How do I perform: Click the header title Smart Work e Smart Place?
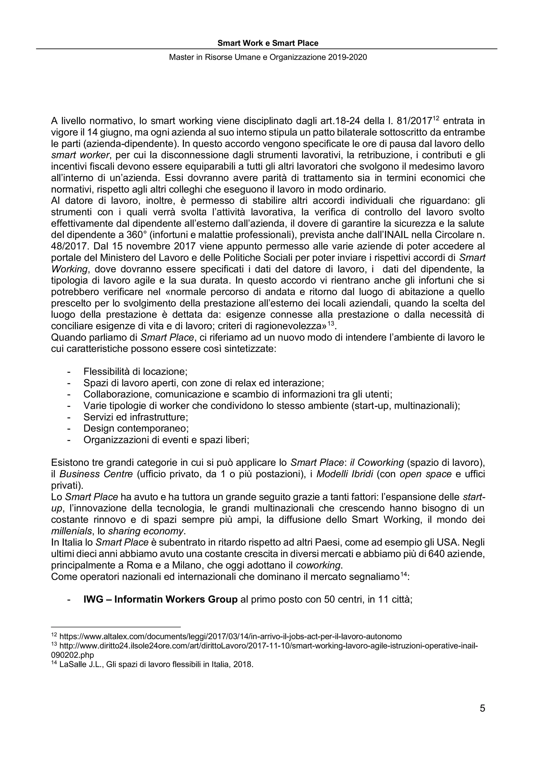268,43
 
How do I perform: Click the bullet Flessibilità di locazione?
135,372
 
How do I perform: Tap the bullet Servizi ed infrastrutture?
136,417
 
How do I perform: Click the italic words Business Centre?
96,474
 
